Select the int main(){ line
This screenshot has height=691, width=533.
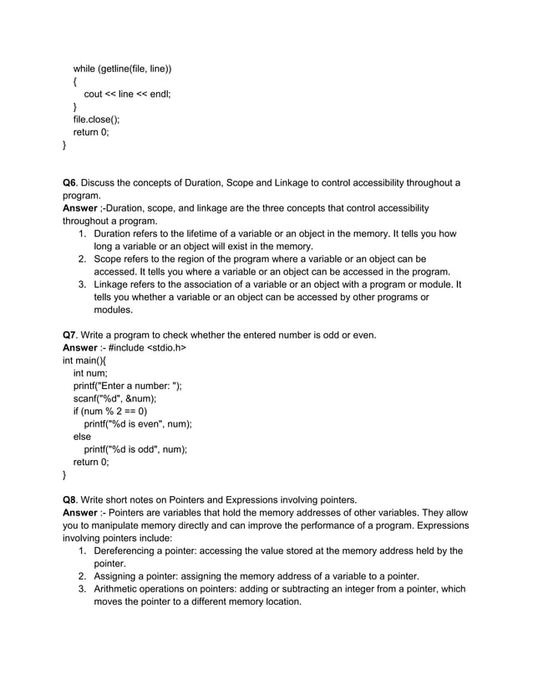pyautogui.click(x=84, y=361)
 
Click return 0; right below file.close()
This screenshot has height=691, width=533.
pyautogui.click(x=91, y=132)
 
